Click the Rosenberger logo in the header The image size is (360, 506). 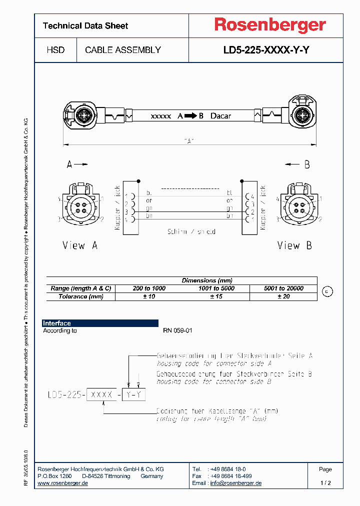pyautogui.click(x=270, y=25)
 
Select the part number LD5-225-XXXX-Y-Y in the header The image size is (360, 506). pyautogui.click(x=266, y=50)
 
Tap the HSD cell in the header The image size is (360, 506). pyautogui.click(x=55, y=50)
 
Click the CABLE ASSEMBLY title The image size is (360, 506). pyautogui.click(x=123, y=50)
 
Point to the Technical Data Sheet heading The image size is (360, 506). pyautogui.click(x=85, y=25)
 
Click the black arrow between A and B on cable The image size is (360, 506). pyautogui.click(x=190, y=116)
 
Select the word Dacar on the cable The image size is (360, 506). pyautogui.click(x=220, y=116)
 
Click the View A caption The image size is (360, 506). pyautogui.click(x=80, y=245)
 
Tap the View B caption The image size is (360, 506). pyautogui.click(x=295, y=245)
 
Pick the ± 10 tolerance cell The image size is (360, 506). pyautogui.click(x=149, y=296)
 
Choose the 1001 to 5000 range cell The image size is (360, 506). pyautogui.click(x=216, y=288)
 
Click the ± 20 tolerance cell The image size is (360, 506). pyautogui.click(x=283, y=296)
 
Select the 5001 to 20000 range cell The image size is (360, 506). pyautogui.click(x=283, y=288)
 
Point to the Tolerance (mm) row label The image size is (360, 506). pyautogui.click(x=81, y=296)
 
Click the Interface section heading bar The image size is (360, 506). pyautogui.click(x=100, y=323)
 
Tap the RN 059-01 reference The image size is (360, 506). pyautogui.click(x=177, y=330)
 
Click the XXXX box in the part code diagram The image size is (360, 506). pyautogui.click(x=102, y=394)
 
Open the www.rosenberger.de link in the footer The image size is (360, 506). pyautogui.click(x=63, y=483)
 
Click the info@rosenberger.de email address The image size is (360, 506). pyautogui.click(x=235, y=483)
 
